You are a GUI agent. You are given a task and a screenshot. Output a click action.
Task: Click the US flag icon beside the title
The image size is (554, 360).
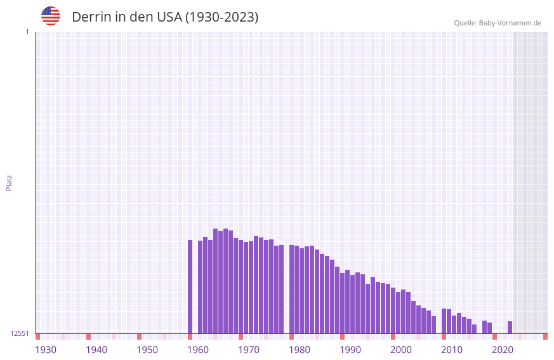click(51, 16)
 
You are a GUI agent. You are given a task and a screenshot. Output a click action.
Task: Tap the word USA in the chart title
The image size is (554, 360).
click(169, 17)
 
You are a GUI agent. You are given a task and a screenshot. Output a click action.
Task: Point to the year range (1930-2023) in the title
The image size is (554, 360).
click(221, 17)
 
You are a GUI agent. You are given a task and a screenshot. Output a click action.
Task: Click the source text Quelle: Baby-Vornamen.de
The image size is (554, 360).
click(498, 23)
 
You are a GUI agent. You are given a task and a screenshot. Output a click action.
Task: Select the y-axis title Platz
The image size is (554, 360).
click(9, 182)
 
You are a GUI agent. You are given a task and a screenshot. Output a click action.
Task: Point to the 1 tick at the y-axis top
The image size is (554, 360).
click(27, 32)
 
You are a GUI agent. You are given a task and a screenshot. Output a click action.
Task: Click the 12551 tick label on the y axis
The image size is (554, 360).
click(20, 333)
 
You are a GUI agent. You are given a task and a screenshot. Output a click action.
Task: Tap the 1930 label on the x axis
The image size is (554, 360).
click(46, 350)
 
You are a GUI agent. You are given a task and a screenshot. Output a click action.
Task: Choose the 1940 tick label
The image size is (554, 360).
click(96, 350)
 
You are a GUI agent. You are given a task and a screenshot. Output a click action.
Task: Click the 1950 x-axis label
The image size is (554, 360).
click(147, 350)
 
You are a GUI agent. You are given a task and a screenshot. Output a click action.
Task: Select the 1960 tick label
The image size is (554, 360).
click(198, 350)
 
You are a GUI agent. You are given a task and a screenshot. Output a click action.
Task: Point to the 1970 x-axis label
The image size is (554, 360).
click(249, 350)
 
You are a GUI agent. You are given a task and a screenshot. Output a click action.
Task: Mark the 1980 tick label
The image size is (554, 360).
click(300, 350)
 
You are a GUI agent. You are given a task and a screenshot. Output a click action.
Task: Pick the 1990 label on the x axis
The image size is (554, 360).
click(350, 350)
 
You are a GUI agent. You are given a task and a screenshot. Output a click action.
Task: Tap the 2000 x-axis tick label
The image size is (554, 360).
click(401, 350)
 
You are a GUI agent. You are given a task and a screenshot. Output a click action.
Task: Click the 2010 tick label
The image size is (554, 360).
click(452, 350)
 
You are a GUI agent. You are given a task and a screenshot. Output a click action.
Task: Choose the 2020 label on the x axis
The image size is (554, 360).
click(503, 350)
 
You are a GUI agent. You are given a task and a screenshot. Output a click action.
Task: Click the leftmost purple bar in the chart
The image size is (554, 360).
click(190, 286)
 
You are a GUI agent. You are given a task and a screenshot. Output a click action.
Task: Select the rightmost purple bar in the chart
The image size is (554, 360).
click(510, 327)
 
